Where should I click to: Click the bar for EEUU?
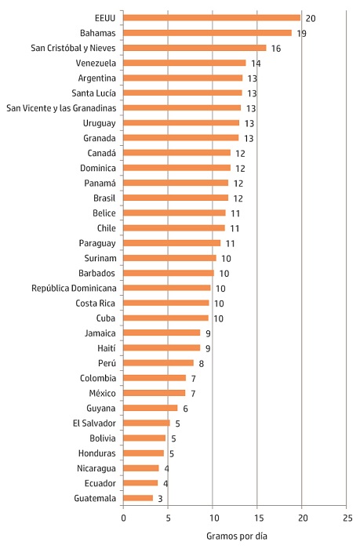[x=212, y=18]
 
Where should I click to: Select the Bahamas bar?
[x=207, y=33]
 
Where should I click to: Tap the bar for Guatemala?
[x=138, y=498]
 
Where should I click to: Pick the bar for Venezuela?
[x=184, y=63]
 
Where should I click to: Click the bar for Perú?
[x=158, y=363]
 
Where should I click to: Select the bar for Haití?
[x=162, y=348]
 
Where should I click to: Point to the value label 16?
[x=275, y=49]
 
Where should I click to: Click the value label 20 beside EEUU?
[x=311, y=18]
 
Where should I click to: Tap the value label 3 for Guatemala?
[x=160, y=498]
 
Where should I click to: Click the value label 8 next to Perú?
[x=202, y=363]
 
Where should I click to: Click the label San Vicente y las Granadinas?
[x=61, y=108]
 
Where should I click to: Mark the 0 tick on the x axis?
[x=123, y=518]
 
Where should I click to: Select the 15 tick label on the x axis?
[x=258, y=518]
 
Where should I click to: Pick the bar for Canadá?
[x=176, y=153]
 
